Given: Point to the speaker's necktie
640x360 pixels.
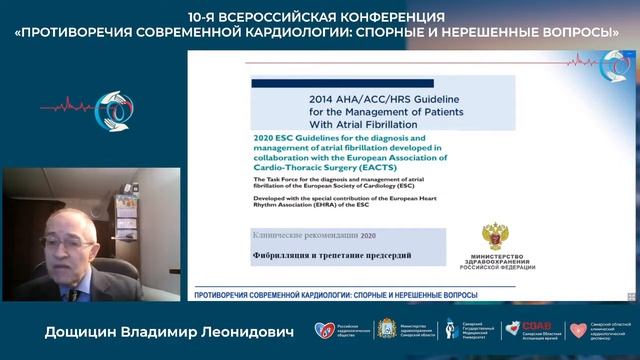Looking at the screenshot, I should (x=73, y=293).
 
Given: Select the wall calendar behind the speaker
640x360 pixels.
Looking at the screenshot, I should (x=126, y=211).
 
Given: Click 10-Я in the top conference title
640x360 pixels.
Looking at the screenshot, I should (x=207, y=16).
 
